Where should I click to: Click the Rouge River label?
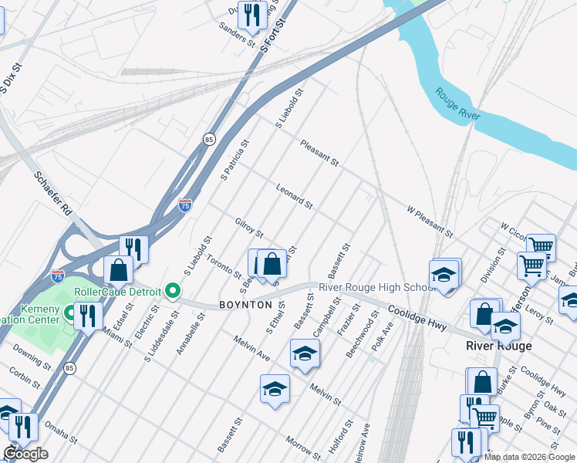(458, 104)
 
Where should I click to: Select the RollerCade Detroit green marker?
(173, 291)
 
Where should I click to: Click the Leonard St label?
(294, 196)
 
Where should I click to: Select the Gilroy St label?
(249, 228)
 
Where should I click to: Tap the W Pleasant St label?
(430, 221)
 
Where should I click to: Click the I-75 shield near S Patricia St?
(185, 204)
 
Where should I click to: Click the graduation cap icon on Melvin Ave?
(305, 353)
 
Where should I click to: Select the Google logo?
(25, 453)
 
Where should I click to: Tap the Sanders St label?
(237, 35)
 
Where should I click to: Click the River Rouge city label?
(498, 346)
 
